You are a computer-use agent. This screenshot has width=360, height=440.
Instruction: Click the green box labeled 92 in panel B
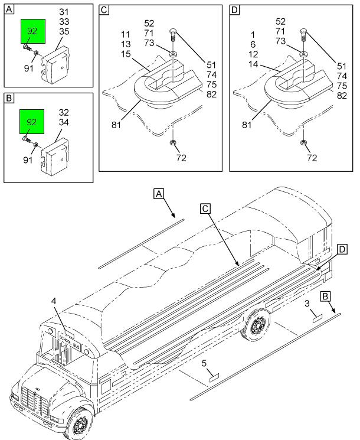(33, 122)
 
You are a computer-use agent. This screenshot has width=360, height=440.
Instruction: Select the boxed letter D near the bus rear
(342, 250)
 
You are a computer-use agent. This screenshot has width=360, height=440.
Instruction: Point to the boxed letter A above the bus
(158, 193)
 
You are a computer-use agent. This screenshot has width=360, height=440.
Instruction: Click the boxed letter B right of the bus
(326, 296)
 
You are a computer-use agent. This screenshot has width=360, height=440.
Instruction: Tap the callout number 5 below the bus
(204, 363)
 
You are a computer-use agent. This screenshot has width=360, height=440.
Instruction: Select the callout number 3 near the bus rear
(307, 304)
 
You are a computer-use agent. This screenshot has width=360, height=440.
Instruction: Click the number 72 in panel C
(181, 158)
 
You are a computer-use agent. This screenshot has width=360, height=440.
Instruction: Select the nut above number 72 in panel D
(303, 143)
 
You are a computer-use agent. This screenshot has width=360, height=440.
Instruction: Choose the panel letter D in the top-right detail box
(235, 10)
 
